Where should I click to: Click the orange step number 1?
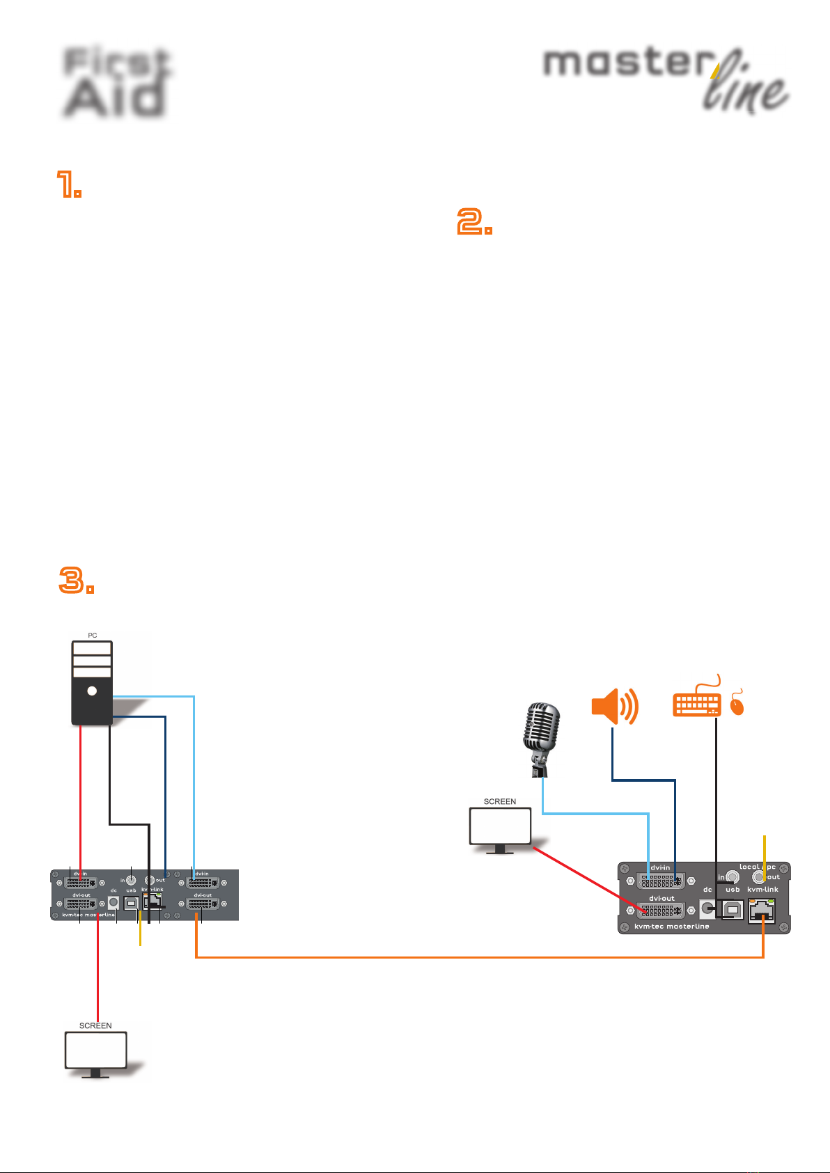pyautogui.click(x=69, y=185)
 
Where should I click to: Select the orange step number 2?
pyautogui.click(x=474, y=222)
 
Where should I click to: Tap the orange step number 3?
pyautogui.click(x=75, y=580)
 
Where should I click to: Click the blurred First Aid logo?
pyautogui.click(x=116, y=82)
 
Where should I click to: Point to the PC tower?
pyautogui.click(x=92, y=682)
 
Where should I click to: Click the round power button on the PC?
pyautogui.click(x=92, y=691)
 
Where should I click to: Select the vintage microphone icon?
pyautogui.click(x=541, y=738)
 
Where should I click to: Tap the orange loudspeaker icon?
pyautogui.click(x=614, y=707)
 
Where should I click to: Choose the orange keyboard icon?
pyautogui.click(x=696, y=703)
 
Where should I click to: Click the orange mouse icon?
pyautogui.click(x=737, y=705)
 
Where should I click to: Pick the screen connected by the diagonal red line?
pyautogui.click(x=500, y=827)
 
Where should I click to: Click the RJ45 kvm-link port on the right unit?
pyautogui.click(x=762, y=910)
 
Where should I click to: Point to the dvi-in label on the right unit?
pyautogui.click(x=660, y=868)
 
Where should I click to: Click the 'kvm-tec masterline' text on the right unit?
pyautogui.click(x=671, y=927)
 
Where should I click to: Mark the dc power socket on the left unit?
pyautogui.click(x=113, y=902)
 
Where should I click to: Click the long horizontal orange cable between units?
pyautogui.click(x=480, y=957)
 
